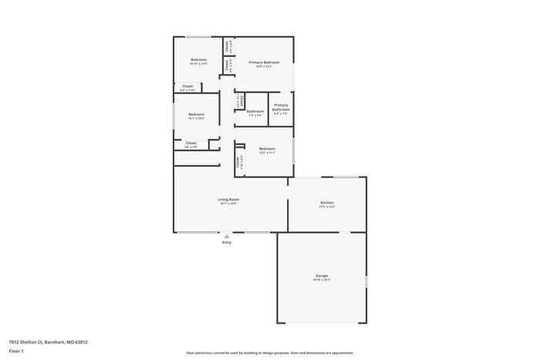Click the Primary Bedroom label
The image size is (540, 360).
264,62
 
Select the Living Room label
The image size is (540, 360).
228,200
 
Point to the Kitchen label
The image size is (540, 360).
327,202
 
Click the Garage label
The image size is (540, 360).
322,275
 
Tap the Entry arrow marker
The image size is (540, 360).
227,237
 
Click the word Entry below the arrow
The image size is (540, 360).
227,243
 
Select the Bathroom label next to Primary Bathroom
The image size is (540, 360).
255,111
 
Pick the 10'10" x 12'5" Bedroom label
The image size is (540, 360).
199,59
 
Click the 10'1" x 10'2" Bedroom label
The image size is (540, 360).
197,114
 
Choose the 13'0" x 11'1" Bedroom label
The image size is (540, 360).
267,148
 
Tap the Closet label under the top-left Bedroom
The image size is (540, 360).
187,86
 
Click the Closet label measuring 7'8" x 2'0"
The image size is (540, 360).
191,143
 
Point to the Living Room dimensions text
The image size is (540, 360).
228,204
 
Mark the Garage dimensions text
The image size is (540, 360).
322,280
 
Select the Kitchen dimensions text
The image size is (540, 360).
327,207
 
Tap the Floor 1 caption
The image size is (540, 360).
16,351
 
